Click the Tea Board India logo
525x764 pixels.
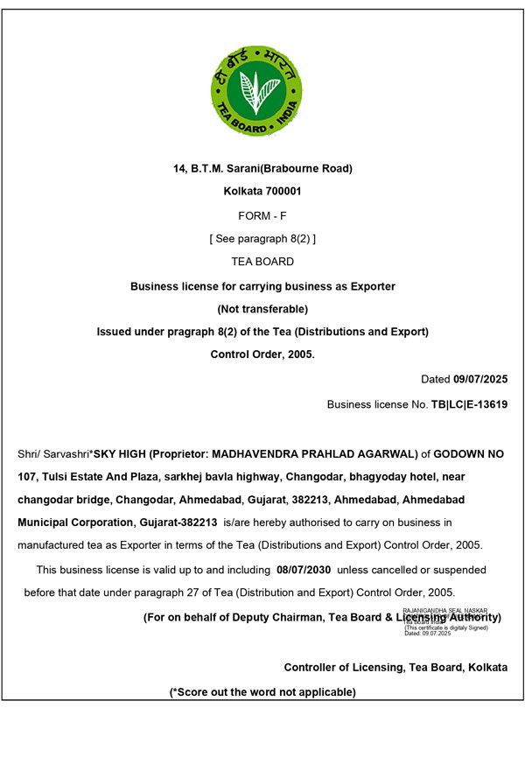[x=256, y=90]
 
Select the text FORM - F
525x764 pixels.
[x=262, y=214]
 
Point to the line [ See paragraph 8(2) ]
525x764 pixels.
[x=262, y=238]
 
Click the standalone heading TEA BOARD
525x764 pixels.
[x=262, y=262]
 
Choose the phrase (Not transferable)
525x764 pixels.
[x=262, y=309]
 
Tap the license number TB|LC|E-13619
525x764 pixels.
[x=469, y=405]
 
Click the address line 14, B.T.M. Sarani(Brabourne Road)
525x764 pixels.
[x=262, y=168]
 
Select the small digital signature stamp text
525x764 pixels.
[x=446, y=621]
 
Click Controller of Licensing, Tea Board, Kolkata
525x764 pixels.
[x=395, y=667]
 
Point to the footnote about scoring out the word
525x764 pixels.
[x=262, y=692]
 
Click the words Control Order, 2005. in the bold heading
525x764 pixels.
[x=262, y=354]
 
